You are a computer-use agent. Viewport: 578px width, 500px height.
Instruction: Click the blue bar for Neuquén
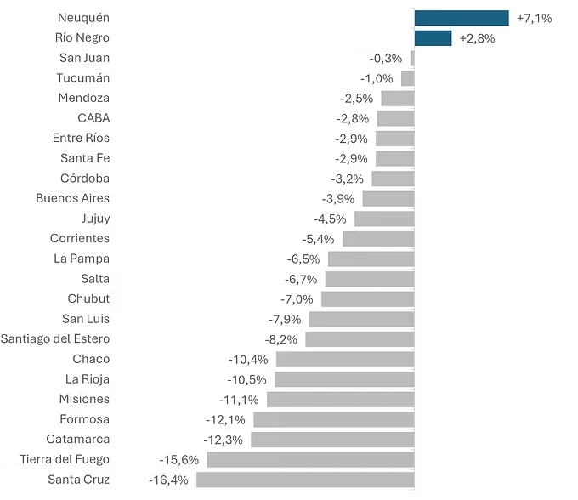tap(462, 18)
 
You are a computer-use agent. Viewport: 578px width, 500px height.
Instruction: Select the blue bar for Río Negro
tap(433, 38)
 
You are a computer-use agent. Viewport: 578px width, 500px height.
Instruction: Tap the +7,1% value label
tap(534, 19)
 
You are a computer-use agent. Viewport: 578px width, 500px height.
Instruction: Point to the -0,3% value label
tap(386, 59)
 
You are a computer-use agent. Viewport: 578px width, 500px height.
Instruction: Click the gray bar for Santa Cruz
tap(305, 480)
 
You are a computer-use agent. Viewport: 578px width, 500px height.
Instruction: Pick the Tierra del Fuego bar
tap(311, 460)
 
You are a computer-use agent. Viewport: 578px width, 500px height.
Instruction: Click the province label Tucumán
tap(83, 78)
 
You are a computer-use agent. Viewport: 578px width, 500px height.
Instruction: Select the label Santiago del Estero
tap(55, 339)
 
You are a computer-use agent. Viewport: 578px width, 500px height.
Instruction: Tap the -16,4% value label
tap(168, 480)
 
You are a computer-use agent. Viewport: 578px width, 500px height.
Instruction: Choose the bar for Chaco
tap(345, 360)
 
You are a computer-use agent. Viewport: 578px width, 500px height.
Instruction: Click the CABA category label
tap(93, 118)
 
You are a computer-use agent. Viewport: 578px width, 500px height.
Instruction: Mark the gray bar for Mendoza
tap(398, 99)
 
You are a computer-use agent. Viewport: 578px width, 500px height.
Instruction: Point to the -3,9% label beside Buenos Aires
tap(338, 199)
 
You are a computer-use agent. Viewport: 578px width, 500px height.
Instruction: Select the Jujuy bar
tap(384, 219)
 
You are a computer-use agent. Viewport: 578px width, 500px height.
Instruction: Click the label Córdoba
tap(85, 179)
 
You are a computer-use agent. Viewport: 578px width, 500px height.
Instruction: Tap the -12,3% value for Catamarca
tap(223, 440)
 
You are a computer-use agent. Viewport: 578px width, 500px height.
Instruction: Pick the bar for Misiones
tap(341, 400)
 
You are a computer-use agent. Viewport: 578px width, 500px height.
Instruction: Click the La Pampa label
tap(82, 259)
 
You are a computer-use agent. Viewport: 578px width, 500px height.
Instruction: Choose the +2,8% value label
tap(477, 39)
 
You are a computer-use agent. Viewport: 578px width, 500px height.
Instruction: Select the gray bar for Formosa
tap(334, 419)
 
